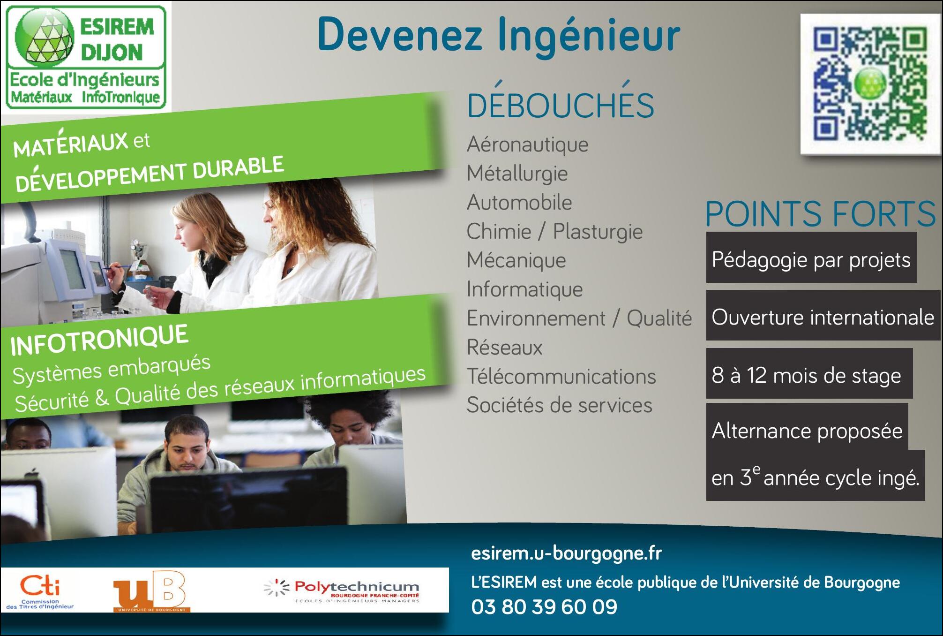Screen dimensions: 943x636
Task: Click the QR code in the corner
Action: pyautogui.click(x=871, y=84)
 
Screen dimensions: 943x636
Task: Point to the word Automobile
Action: pyautogui.click(x=519, y=203)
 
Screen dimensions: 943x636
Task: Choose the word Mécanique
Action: pyautogui.click(x=516, y=260)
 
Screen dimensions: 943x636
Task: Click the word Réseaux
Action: pyautogui.click(x=505, y=348)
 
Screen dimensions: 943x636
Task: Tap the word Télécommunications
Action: pyautogui.click(x=561, y=376)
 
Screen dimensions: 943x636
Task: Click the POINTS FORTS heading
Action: pyautogui.click(x=821, y=214)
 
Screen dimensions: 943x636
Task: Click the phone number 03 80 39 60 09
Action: pyautogui.click(x=544, y=607)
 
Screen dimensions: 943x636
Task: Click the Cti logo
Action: pyautogui.click(x=40, y=592)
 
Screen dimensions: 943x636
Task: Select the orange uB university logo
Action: pyautogui.click(x=151, y=591)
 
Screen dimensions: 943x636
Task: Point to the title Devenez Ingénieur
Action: pyautogui.click(x=499, y=35)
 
